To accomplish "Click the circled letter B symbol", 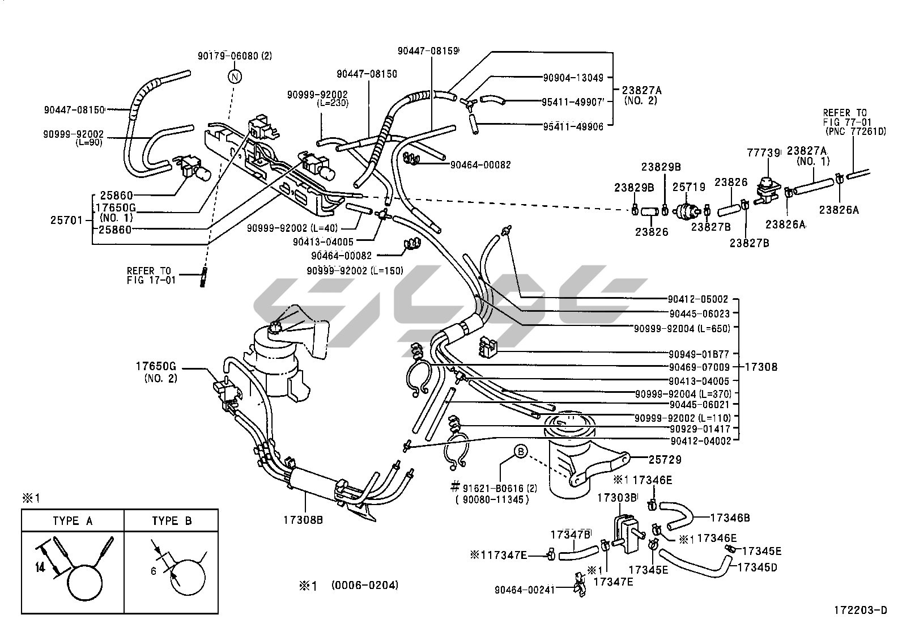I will (520, 451).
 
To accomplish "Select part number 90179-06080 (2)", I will (235, 56).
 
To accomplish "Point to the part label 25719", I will (688, 187).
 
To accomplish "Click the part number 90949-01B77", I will (699, 355).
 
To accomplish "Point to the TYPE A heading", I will (73, 521).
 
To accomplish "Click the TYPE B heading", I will (171, 521).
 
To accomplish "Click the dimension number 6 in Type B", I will (154, 571).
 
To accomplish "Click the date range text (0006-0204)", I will (364, 585).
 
